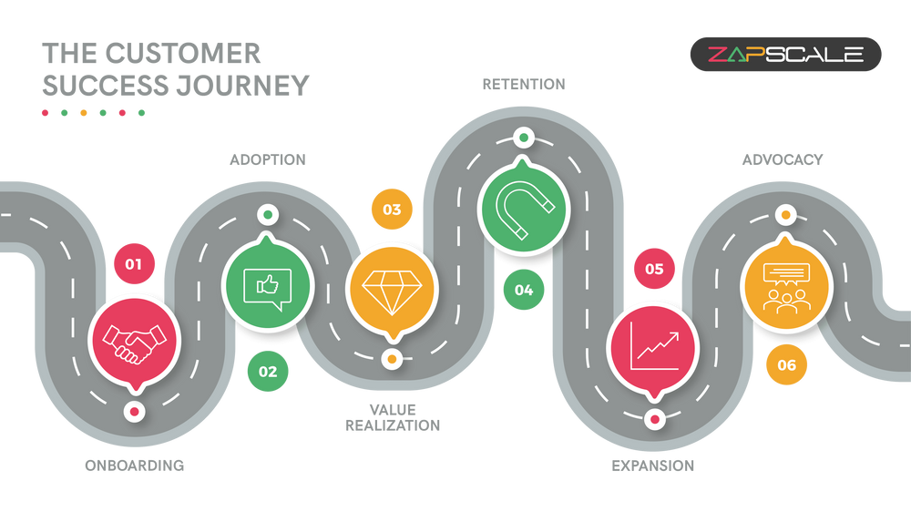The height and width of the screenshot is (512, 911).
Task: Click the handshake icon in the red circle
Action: (x=134, y=342)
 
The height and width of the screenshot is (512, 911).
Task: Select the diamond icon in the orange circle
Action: (x=392, y=290)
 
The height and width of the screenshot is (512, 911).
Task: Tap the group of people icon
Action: (x=786, y=287)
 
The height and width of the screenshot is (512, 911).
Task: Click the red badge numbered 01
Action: (x=134, y=265)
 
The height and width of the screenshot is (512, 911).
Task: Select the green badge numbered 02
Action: (x=268, y=372)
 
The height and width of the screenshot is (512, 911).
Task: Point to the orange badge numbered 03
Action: (x=392, y=210)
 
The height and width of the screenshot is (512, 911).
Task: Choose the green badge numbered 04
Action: (x=523, y=290)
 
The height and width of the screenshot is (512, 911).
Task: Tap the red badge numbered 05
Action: (x=654, y=269)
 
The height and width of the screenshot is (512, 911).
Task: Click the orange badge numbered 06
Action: (x=786, y=365)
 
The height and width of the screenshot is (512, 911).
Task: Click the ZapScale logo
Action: (x=785, y=55)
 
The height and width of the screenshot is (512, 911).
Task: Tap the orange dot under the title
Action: (x=83, y=113)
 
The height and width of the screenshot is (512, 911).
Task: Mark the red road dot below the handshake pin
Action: (x=135, y=412)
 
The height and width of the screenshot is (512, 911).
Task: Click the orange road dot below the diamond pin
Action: (x=392, y=359)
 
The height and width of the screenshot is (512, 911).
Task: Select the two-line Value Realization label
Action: (x=392, y=416)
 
